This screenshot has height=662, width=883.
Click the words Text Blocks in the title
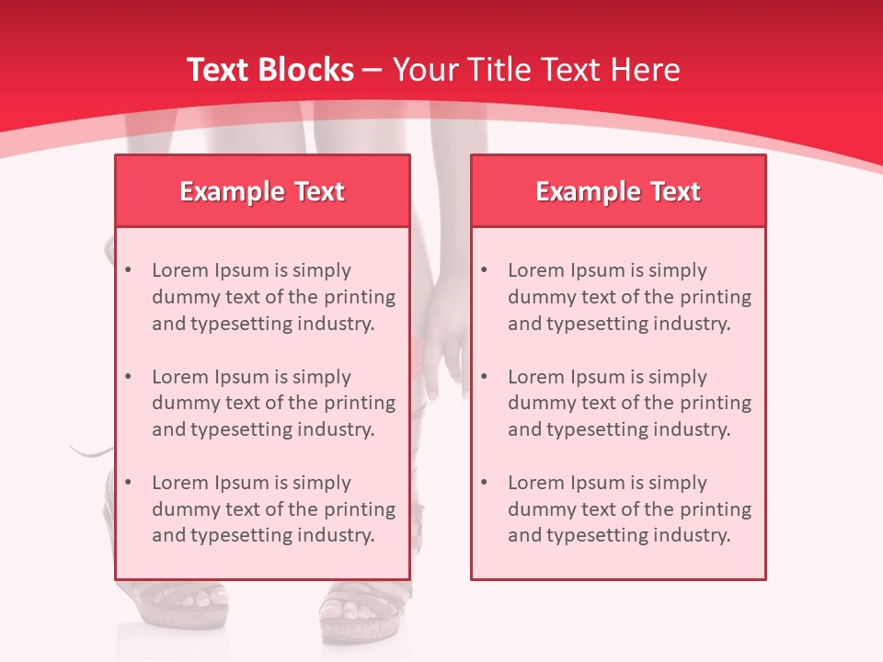tap(269, 70)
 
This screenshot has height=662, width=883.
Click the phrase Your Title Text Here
tap(536, 70)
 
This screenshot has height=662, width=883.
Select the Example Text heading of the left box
tap(262, 191)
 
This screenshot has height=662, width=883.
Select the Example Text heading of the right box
tap(618, 191)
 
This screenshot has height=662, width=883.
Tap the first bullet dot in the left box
tap(129, 270)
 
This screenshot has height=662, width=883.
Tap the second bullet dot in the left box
tap(129, 377)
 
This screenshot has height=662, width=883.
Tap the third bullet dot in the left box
tap(129, 483)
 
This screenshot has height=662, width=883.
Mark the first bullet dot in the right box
tap(485, 270)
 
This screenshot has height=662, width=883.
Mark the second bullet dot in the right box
tap(485, 377)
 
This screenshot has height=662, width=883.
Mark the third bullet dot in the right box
tap(485, 483)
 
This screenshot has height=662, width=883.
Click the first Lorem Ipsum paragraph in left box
tap(273, 297)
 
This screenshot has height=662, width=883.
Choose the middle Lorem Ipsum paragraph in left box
tap(273, 403)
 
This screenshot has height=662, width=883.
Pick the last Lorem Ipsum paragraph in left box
tap(273, 509)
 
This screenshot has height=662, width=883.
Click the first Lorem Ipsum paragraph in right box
tap(629, 297)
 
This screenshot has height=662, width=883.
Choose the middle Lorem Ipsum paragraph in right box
tap(629, 403)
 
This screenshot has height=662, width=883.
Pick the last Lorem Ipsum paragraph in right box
tap(629, 509)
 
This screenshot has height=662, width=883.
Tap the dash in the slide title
tap(373, 71)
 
